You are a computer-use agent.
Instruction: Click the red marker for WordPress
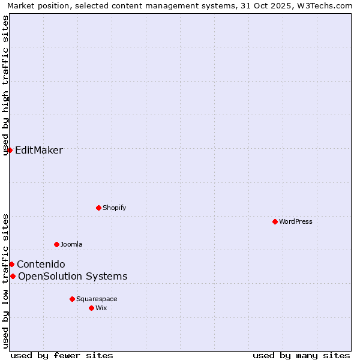point(275,221)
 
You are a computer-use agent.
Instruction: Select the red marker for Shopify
point(98,208)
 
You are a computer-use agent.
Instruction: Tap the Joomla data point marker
point(56,244)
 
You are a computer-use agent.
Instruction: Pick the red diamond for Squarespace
point(72,299)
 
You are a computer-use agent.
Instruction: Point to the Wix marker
point(91,308)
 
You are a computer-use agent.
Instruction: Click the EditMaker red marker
point(10,150)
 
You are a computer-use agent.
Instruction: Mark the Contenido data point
point(11,264)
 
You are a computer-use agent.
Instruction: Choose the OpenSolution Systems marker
point(13,276)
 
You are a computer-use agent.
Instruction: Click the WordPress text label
point(296,221)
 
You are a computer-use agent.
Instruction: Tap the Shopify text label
point(115,208)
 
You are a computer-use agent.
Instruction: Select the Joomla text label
point(71,244)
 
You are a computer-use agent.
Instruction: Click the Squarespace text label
point(97,299)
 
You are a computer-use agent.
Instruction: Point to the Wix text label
point(101,308)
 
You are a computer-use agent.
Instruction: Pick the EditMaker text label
point(39,150)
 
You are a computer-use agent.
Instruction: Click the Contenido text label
point(41,264)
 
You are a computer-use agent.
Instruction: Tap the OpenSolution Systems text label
point(73,276)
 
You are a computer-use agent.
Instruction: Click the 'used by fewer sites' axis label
point(62,355)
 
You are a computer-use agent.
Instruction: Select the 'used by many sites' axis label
point(301,355)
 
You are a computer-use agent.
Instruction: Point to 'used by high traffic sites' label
point(6,85)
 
